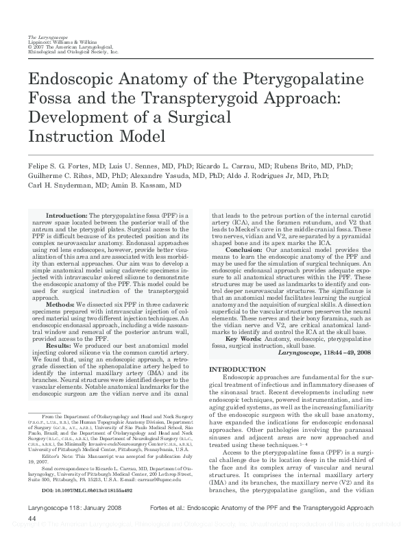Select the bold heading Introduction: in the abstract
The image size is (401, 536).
(65, 215)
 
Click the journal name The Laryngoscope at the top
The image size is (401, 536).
(43, 36)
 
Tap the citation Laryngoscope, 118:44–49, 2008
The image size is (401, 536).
(325, 352)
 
